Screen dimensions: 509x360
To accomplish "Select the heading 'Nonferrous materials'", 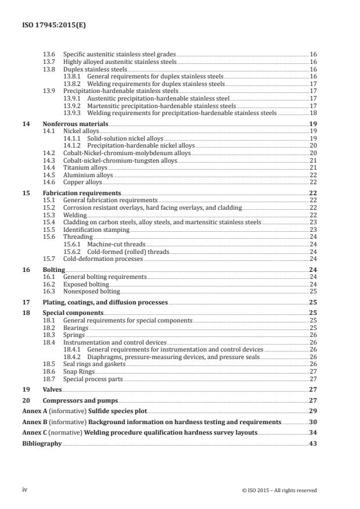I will (x=75, y=124).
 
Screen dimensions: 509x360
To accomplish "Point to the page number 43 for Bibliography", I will (x=313, y=443).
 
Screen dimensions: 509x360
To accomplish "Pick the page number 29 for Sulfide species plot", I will (x=313, y=411).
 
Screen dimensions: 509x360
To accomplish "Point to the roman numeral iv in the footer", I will (x=24, y=490).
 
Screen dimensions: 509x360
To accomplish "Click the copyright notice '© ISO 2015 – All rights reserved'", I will (x=279, y=490).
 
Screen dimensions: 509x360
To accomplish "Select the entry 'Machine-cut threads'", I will (x=116, y=244).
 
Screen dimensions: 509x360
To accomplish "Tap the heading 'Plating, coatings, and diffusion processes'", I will (x=105, y=303).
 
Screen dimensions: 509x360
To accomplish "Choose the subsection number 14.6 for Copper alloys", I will (x=49, y=182).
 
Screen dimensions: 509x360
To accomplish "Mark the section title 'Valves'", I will (x=53, y=390).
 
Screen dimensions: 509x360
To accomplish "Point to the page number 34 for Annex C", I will (x=313, y=433).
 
